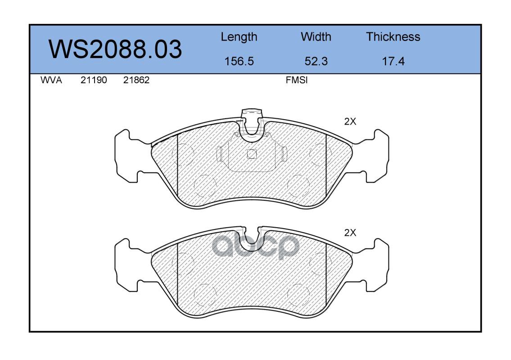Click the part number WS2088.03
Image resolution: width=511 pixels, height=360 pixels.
coord(115,49)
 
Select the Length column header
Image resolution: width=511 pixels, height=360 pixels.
coord(239,37)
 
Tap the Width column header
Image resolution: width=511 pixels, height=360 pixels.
coord(316,36)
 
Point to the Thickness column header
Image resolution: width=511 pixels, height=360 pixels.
coord(393,36)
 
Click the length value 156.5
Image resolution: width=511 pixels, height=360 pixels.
coord(239,61)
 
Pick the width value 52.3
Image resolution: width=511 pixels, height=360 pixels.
coord(316,61)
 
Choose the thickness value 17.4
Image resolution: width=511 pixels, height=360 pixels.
coord(393,61)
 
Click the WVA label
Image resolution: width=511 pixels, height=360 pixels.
coord(51,80)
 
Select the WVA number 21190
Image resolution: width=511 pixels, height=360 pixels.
coord(94,80)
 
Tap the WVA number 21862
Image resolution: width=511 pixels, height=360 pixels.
coord(136,80)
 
